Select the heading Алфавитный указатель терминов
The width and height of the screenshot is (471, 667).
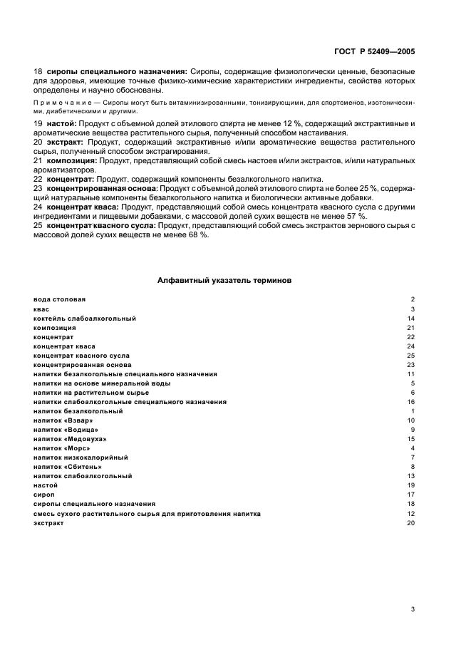point(224,280)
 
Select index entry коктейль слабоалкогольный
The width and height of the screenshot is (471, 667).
point(84,318)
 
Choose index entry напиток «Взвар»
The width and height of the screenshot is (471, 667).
point(63,420)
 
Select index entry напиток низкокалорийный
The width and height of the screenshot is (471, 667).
point(81,457)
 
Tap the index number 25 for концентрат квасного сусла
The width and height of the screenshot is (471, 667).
point(410,355)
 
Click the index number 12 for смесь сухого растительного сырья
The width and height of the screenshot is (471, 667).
point(410,513)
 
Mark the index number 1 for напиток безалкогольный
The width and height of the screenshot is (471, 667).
point(412,411)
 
